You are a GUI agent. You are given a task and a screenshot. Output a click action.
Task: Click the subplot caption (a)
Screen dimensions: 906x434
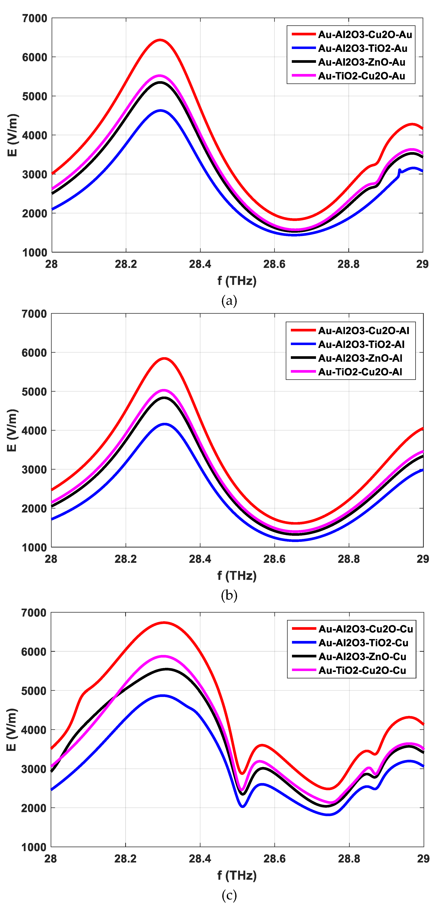coord(229,301)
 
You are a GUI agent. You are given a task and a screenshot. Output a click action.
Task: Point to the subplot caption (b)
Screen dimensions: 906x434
coord(229,595)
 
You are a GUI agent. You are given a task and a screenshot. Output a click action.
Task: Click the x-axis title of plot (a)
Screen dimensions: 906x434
coord(237,281)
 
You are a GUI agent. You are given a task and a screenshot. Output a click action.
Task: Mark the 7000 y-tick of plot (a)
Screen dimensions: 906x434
coord(34,18)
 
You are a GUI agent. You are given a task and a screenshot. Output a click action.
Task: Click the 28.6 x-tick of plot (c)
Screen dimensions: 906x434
coord(274,859)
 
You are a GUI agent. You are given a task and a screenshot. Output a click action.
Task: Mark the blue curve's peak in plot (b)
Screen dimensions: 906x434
coord(165,424)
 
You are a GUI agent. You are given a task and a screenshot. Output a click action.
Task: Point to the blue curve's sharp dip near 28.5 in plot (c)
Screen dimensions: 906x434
coord(243,806)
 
